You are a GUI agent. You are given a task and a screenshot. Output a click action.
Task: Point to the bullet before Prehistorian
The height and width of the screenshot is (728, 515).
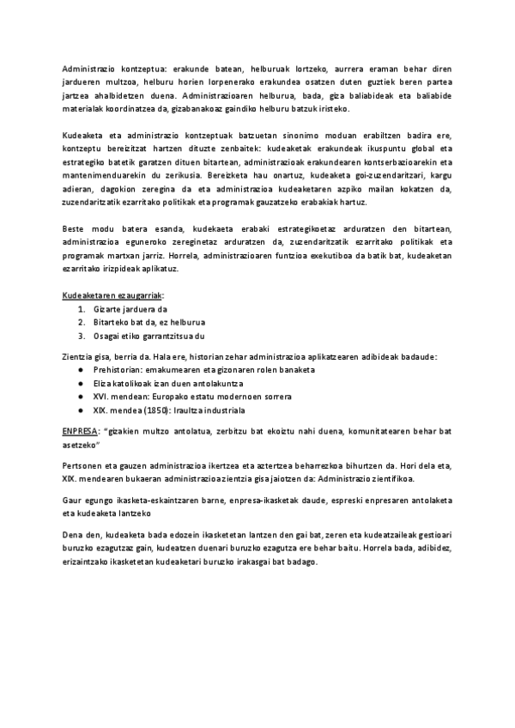(80, 368)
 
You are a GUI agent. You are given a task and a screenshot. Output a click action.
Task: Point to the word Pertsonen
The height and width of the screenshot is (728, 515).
(83, 464)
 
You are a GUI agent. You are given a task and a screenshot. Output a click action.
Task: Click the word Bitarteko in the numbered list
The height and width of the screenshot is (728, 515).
(112, 322)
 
